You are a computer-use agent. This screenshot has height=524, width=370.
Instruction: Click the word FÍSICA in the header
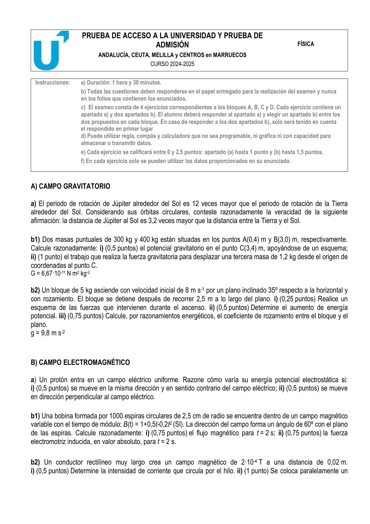[x=306, y=44]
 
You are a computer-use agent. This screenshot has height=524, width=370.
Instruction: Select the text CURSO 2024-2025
[x=172, y=64]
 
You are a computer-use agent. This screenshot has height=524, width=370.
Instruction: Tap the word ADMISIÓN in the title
[x=172, y=45]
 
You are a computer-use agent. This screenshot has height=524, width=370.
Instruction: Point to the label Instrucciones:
[x=52, y=82]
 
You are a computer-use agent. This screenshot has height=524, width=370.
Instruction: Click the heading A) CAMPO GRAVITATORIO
[x=70, y=186]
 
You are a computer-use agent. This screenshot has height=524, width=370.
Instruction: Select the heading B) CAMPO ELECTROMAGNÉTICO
[x=80, y=362]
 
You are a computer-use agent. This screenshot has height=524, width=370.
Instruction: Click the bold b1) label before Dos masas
[x=35, y=239]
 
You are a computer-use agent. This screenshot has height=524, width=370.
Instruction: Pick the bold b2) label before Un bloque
[x=35, y=290]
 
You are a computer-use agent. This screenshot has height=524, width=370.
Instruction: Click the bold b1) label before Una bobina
[x=35, y=416]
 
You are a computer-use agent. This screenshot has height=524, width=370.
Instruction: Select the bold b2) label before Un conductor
[x=35, y=462]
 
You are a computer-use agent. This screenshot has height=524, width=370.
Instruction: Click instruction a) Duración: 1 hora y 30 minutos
[x=121, y=82]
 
